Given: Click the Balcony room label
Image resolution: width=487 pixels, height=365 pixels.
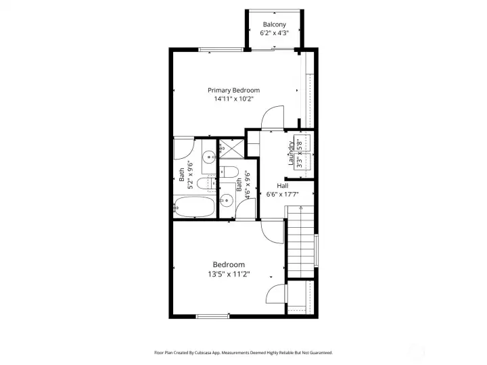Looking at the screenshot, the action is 274,24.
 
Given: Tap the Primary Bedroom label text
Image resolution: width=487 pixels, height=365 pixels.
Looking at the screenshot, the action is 233,91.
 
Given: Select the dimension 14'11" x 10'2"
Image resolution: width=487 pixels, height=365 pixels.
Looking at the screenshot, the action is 234,99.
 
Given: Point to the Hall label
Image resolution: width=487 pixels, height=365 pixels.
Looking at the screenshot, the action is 282,186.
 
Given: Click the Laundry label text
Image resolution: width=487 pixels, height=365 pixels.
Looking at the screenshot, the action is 291,153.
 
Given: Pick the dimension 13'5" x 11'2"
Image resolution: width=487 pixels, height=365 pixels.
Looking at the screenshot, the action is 229,274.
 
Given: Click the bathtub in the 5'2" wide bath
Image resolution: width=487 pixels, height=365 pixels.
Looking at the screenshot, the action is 194,206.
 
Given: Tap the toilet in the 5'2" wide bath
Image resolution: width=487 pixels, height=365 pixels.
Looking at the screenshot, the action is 206,183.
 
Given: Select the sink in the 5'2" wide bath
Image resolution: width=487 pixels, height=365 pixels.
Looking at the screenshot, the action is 209,157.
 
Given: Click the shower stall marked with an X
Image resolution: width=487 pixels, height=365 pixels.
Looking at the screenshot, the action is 232,149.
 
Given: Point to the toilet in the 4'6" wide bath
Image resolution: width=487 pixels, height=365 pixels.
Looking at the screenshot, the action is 229,172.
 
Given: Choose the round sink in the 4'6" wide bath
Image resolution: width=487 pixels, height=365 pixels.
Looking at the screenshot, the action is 227,201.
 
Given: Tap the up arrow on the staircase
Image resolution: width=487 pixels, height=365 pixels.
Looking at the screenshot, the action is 300,209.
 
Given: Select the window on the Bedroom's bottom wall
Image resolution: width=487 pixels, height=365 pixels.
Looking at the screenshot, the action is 213,316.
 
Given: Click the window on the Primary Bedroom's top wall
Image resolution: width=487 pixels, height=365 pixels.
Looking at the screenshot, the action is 221,49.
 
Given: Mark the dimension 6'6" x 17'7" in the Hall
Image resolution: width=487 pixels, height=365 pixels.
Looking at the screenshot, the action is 282,195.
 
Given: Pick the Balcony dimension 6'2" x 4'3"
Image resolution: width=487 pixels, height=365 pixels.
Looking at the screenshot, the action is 274,33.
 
